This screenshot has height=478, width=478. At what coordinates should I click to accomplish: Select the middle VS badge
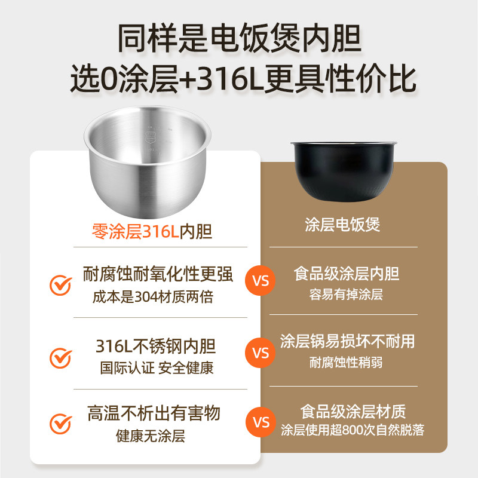point(261,353)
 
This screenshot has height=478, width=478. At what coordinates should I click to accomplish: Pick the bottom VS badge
point(261,422)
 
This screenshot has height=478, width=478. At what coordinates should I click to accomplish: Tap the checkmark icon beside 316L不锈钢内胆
point(60,357)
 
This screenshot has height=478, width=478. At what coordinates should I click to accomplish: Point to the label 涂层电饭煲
point(342,225)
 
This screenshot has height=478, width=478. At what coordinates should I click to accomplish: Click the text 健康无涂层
point(151,436)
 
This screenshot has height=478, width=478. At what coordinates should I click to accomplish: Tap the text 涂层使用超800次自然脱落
point(353,430)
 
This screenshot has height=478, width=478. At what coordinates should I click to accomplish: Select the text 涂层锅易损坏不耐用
point(347,341)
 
